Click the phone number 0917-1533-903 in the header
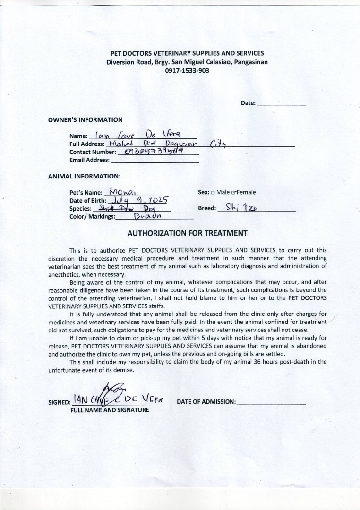[x=187, y=71]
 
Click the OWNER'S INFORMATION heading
[x=85, y=120]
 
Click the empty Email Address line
[x=154, y=160]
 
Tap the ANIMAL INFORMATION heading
[x=84, y=176]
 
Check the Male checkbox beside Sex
[x=213, y=193]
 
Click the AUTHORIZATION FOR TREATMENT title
[x=188, y=233]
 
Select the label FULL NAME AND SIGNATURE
[x=110, y=410]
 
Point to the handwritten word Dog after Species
[x=150, y=208]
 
